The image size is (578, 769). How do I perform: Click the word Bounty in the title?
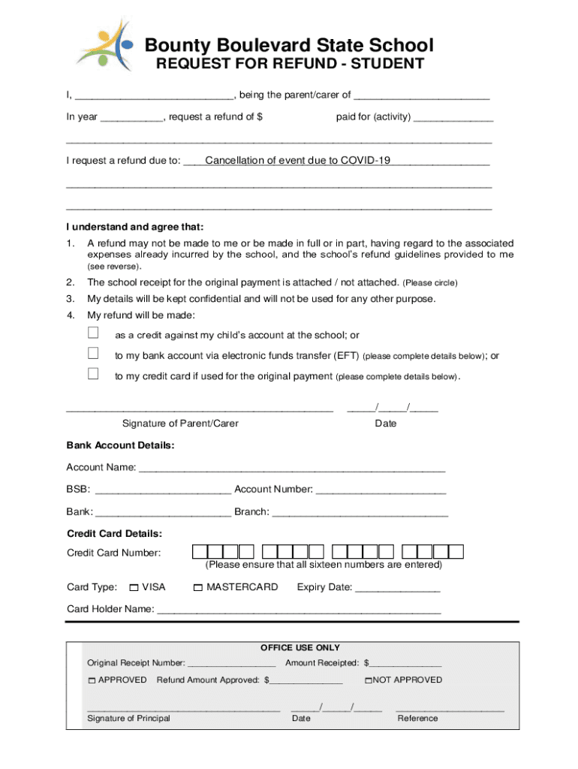click(x=177, y=46)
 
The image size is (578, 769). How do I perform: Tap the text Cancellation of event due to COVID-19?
click(x=297, y=161)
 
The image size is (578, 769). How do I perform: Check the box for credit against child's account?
click(x=93, y=333)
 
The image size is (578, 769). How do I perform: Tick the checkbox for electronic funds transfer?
click(x=93, y=354)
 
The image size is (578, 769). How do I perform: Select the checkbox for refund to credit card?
click(x=93, y=374)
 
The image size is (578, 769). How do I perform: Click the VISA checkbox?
click(x=134, y=587)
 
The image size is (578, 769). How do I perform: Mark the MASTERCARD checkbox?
click(x=198, y=587)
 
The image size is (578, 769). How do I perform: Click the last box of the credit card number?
click(x=456, y=553)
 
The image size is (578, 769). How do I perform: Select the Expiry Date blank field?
click(x=397, y=590)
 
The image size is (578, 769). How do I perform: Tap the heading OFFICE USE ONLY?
click(x=300, y=647)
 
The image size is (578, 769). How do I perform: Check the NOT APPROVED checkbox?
click(x=369, y=680)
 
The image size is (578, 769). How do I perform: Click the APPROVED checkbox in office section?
click(x=92, y=680)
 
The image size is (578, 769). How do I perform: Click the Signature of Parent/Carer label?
click(x=180, y=424)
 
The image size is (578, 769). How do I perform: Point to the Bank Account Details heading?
click(x=120, y=445)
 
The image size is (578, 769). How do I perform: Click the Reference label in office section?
click(x=417, y=719)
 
